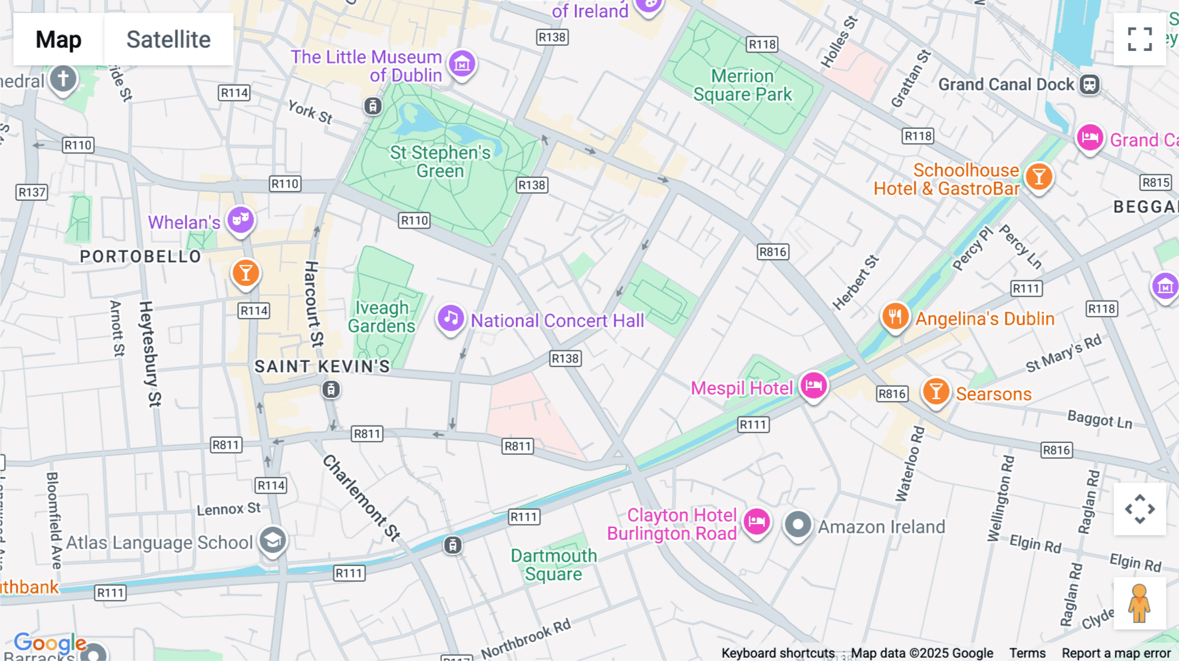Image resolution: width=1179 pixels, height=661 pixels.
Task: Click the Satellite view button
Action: (168, 39)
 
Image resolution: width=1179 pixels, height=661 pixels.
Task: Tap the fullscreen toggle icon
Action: (1140, 39)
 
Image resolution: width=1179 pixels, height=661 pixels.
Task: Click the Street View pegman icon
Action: (1139, 603)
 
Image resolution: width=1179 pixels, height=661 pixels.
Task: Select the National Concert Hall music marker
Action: (451, 319)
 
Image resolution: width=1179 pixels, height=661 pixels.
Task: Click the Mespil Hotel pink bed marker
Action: (814, 385)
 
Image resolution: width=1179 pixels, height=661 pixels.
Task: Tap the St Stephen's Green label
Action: (440, 162)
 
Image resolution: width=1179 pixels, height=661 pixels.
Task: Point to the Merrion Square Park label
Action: (743, 86)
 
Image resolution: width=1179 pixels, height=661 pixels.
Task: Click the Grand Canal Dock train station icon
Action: (1089, 84)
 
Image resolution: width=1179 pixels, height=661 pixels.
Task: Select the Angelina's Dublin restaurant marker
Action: (895, 317)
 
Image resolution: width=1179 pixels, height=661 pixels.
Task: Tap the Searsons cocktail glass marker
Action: (936, 391)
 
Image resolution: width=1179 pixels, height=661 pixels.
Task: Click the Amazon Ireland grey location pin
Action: (798, 525)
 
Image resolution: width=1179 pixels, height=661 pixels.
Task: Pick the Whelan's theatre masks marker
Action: (240, 220)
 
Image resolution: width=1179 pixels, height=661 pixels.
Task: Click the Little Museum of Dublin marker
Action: (462, 64)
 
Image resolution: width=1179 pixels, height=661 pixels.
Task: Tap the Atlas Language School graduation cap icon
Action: (272, 541)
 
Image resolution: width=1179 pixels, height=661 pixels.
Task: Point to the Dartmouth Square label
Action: (553, 565)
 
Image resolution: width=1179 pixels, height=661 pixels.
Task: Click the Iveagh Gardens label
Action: (382, 317)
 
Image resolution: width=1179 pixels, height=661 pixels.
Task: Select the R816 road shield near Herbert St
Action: (772, 252)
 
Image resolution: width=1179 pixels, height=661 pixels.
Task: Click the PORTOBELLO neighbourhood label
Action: (140, 257)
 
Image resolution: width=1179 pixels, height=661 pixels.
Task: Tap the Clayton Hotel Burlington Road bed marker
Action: (757, 522)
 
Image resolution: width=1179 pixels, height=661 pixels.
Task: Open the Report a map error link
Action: (1115, 653)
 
